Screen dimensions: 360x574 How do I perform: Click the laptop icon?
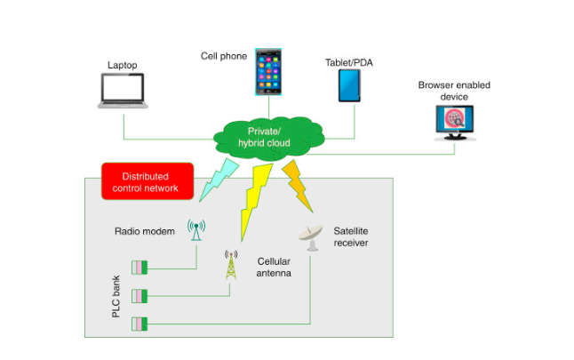tap(123, 91)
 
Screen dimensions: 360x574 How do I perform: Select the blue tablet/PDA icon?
tap(350, 86)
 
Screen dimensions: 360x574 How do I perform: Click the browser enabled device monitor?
tap(453, 122)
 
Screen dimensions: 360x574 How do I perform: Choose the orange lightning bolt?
tap(299, 183)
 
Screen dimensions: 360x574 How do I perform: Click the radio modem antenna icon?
tap(195, 230)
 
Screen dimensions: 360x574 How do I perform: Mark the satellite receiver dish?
tap(311, 236)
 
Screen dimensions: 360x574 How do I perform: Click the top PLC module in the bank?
tap(140, 268)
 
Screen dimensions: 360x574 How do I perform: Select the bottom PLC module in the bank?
tap(140, 323)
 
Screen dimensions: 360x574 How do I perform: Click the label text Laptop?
tap(123, 65)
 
